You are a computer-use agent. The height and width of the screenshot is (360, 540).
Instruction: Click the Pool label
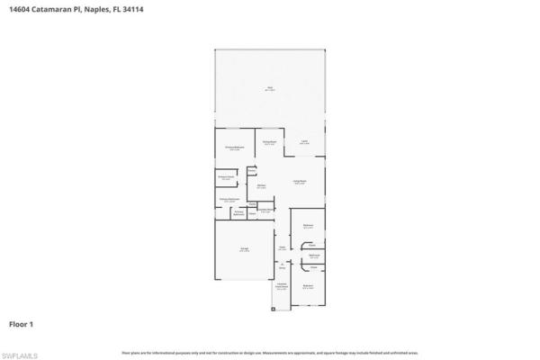269,88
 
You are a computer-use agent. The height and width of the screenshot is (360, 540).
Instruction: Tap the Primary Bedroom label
234,148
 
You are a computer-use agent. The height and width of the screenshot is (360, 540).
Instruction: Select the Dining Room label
268,142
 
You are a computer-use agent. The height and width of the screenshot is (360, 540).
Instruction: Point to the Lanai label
304,142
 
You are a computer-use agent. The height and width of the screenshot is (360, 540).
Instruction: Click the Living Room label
300,182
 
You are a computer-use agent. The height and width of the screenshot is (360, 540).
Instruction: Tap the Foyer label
282,247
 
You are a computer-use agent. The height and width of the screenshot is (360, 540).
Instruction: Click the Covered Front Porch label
282,287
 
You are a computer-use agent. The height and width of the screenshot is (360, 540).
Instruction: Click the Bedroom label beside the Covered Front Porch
308,288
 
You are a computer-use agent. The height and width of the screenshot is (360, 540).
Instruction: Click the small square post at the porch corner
274,310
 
